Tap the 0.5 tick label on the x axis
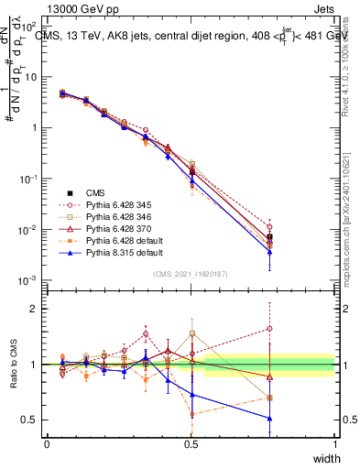(191, 443)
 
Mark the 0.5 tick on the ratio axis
(34, 420)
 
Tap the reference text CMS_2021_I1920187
(191, 274)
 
